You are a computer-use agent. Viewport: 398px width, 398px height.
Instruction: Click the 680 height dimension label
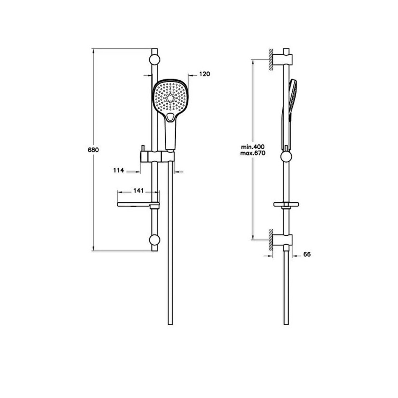tap(93, 150)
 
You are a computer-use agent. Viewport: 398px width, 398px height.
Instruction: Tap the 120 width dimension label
tap(205, 74)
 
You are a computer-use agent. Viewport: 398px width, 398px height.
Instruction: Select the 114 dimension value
tap(119, 170)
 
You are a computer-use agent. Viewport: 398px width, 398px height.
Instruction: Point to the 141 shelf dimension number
tap(139, 191)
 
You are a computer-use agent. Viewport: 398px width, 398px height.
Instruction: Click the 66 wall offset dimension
tap(307, 254)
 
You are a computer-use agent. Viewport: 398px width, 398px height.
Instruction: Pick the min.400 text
tap(253, 147)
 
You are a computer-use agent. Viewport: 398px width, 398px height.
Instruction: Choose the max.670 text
tap(253, 153)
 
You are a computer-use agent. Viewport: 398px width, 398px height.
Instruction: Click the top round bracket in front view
tap(155, 60)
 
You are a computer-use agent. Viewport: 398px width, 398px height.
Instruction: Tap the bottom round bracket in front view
tap(155, 240)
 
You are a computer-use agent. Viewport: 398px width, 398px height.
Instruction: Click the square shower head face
tap(170, 97)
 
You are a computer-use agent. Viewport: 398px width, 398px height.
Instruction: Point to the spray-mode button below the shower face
tap(170, 117)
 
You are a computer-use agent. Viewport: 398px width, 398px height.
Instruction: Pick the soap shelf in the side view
tap(286, 204)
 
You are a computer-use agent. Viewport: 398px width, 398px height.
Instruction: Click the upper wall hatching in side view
tap(271, 59)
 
